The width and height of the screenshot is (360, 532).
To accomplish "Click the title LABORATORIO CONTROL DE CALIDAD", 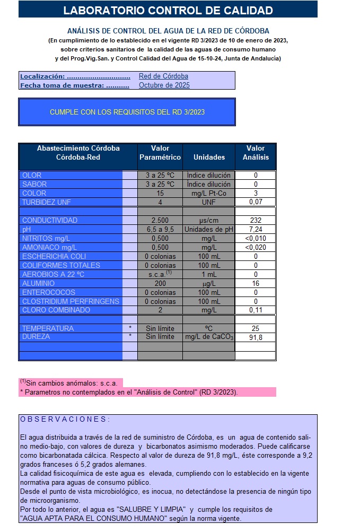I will [x=168, y=10].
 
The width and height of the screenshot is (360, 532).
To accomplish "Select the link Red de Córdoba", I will [x=163, y=76].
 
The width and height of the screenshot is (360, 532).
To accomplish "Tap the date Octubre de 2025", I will [x=164, y=85].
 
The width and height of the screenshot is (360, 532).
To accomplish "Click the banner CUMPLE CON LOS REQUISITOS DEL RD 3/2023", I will [x=127, y=112].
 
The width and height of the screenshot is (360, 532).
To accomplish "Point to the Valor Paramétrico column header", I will [x=160, y=153].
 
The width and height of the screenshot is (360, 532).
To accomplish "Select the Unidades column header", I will [x=209, y=157].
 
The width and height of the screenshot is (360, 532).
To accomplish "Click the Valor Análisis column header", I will [x=256, y=153].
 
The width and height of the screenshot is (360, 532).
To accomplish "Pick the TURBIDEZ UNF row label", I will [x=47, y=202].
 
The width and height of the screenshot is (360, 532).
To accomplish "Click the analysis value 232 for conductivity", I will [x=256, y=220].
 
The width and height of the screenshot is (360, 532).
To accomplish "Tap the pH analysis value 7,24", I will [x=256, y=229].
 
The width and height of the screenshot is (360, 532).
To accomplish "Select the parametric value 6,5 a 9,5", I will [x=160, y=229].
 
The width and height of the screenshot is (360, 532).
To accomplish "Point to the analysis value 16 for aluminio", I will [x=256, y=283].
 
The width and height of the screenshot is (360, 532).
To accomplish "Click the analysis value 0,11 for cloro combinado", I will [x=256, y=310].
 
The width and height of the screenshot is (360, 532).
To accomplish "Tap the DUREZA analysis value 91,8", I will [x=256, y=337].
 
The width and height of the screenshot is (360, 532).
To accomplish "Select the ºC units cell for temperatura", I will [x=209, y=328].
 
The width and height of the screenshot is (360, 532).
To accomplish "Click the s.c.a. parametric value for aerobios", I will [x=160, y=274].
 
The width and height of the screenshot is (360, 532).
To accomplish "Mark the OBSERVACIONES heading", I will [x=65, y=419].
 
